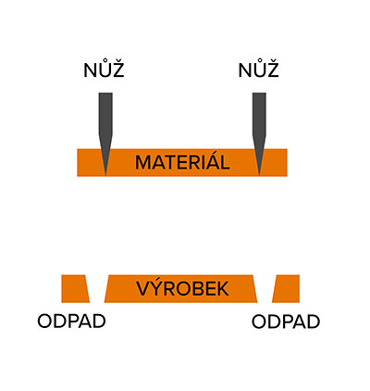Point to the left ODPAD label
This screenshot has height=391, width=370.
(x=71, y=322)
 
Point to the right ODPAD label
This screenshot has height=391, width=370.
(x=286, y=322)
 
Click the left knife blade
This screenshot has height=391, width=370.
(x=105, y=133)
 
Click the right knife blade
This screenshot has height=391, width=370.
(x=259, y=133)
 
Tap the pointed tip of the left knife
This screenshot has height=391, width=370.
(x=105, y=176)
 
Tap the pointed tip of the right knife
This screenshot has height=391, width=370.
(x=259, y=176)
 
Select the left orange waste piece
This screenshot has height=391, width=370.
(x=76, y=288)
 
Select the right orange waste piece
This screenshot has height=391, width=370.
(x=286, y=288)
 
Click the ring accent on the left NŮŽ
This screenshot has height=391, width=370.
(x=105, y=60)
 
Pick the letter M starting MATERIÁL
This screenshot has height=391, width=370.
(x=143, y=162)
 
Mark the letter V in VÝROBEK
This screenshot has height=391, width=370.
(x=143, y=289)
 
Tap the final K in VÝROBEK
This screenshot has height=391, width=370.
(x=223, y=289)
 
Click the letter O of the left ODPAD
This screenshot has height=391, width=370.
(x=44, y=322)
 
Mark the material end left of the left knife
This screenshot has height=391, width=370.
(x=90, y=162)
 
